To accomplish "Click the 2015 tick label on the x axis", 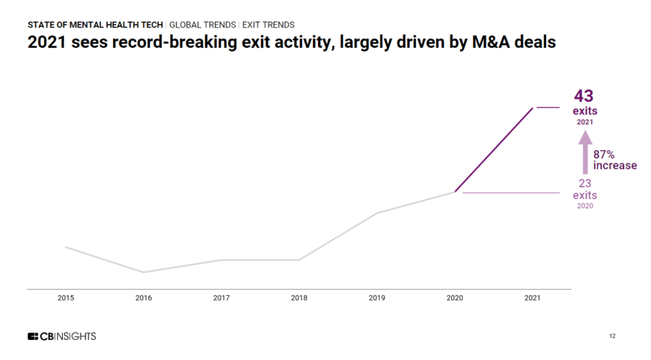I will pyautogui.click(x=66, y=298).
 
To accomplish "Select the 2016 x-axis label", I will pyautogui.click(x=144, y=298).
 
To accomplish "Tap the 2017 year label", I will pyautogui.click(x=221, y=298).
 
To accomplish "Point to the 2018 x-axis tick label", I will pyautogui.click(x=299, y=298).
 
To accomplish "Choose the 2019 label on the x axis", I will pyautogui.click(x=377, y=298).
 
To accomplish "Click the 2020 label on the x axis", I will pyautogui.click(x=455, y=298).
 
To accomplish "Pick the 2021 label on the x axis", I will pyautogui.click(x=533, y=298).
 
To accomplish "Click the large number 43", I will pyautogui.click(x=584, y=96).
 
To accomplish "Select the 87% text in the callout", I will pyautogui.click(x=604, y=154).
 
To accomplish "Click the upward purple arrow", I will pyautogui.click(x=584, y=152).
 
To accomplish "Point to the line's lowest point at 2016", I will pyautogui.click(x=144, y=272).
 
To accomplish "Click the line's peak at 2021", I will pyautogui.click(x=533, y=108).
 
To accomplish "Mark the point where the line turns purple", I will pyautogui.click(x=455, y=192).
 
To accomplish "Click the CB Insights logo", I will pyautogui.click(x=61, y=336).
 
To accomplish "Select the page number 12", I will pyautogui.click(x=612, y=336).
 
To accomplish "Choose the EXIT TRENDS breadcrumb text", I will pyautogui.click(x=269, y=24).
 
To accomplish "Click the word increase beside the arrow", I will pyautogui.click(x=615, y=166).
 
